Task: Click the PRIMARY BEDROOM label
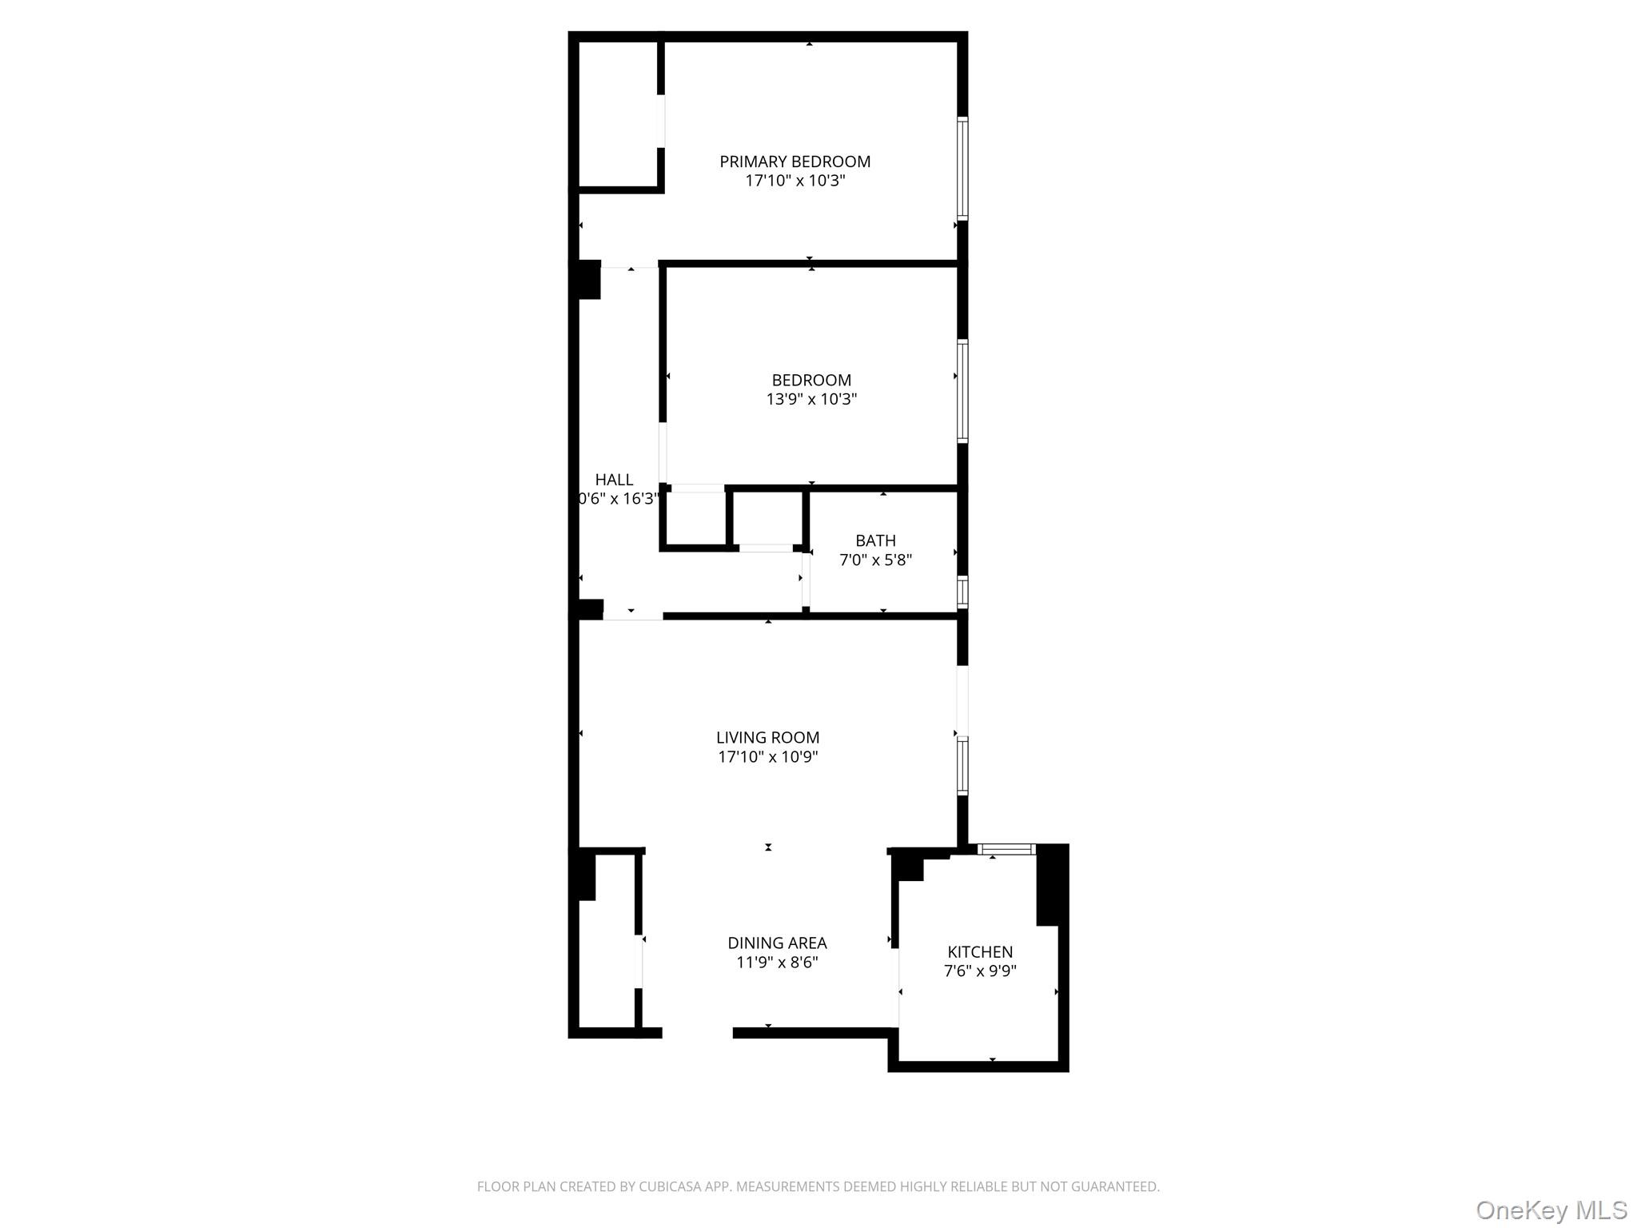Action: point(795,161)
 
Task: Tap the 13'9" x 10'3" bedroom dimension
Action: point(811,399)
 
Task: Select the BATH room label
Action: point(875,540)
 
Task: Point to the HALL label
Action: point(614,480)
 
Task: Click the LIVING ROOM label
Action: point(767,737)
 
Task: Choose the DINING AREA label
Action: point(777,943)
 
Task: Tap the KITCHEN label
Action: point(980,951)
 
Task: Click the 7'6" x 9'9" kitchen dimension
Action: point(980,971)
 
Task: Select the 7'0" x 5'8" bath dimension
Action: point(875,560)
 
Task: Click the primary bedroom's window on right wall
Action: point(962,169)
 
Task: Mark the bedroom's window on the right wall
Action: point(962,391)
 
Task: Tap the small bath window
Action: point(962,592)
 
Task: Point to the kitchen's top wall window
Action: point(1006,849)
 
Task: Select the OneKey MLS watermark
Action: point(1551,1210)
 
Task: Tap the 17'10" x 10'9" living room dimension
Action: point(767,757)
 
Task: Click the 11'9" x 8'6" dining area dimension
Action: point(777,963)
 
